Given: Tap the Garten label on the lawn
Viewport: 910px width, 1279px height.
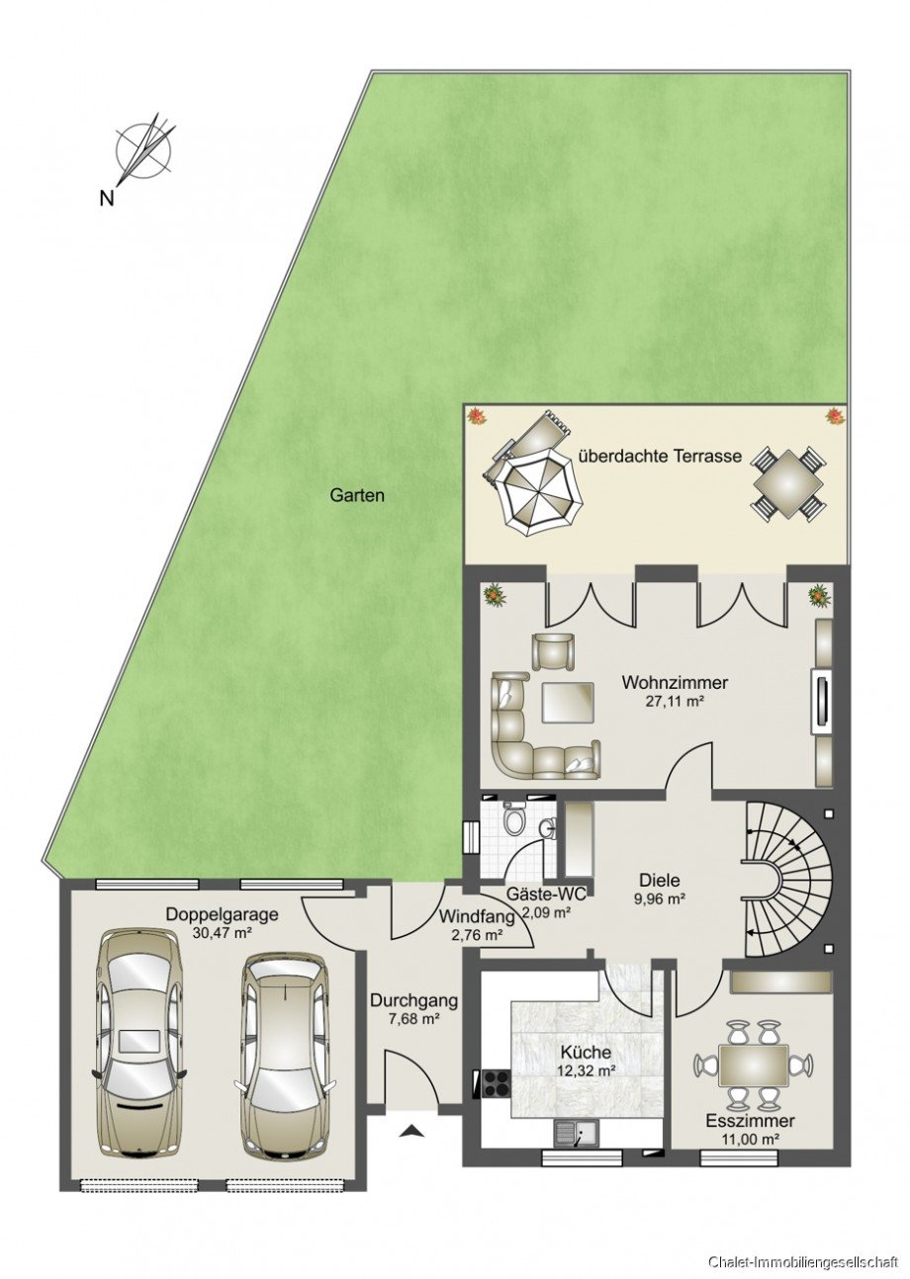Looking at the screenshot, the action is (x=357, y=495).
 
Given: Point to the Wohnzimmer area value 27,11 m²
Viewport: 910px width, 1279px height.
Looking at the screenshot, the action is (x=674, y=702).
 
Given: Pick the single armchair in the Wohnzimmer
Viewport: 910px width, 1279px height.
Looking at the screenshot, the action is (x=552, y=650).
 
